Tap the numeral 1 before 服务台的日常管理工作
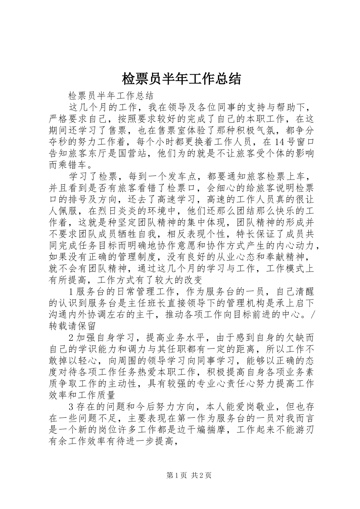72,291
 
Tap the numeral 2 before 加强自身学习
72,337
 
